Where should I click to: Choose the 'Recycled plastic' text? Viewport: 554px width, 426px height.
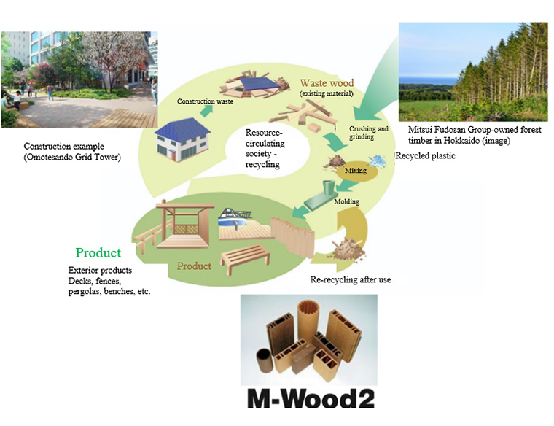pos(426,156)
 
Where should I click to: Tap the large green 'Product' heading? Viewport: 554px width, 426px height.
pos(98,253)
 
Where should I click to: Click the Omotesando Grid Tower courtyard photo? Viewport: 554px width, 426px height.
pos(79,80)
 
